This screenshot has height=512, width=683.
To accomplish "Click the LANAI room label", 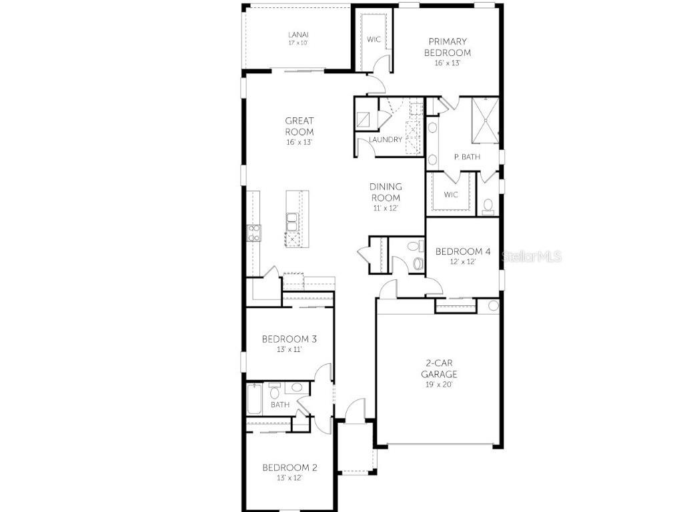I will [298, 35].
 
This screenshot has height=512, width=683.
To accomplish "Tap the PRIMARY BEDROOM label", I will [448, 47].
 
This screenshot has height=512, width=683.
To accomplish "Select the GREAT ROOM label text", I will [299, 126].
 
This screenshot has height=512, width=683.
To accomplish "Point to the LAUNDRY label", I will [386, 140].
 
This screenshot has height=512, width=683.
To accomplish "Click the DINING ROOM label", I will [386, 192].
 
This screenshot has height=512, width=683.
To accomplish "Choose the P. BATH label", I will [464, 157].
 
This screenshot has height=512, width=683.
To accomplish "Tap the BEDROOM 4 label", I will [463, 251].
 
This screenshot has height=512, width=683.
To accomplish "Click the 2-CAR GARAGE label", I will [442, 369].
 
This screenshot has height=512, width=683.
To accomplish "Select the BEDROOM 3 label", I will [289, 339].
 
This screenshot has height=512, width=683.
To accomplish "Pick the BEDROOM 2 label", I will [289, 467].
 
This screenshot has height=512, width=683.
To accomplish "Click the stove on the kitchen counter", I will [255, 232].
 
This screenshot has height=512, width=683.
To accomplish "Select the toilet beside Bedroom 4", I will [418, 263].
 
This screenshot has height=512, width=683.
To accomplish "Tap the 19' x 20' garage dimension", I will [442, 385].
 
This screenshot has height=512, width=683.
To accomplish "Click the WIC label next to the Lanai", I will [374, 39].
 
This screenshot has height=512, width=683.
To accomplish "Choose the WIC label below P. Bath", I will [452, 195].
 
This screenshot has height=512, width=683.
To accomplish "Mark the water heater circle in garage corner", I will [493, 305].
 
